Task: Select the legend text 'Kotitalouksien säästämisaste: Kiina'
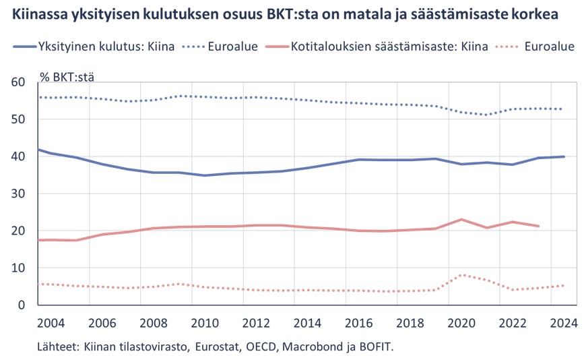point(389,47)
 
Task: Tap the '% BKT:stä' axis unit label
point(67,76)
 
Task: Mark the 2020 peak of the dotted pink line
point(461,275)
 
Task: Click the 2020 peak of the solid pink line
point(461,220)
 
